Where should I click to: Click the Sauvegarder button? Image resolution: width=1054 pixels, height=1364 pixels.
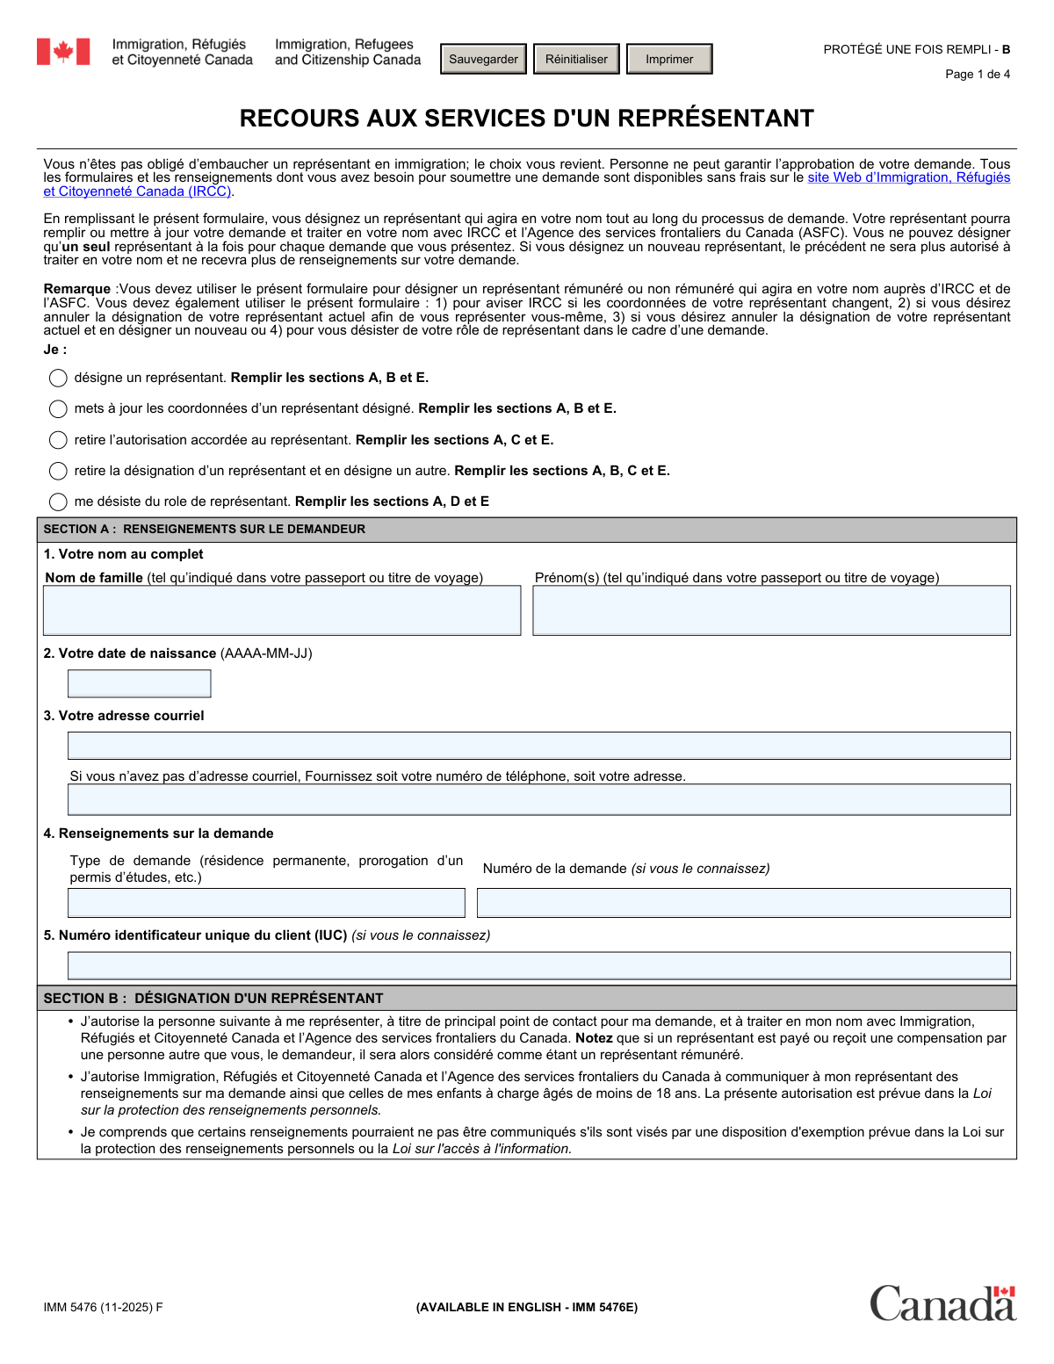click(x=483, y=59)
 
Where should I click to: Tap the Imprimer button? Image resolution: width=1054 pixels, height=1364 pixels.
click(x=669, y=59)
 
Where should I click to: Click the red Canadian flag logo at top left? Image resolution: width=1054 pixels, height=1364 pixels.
click(x=63, y=52)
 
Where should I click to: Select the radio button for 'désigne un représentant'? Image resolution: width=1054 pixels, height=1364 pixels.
click(x=58, y=378)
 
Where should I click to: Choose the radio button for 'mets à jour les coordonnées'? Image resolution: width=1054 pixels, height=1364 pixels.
click(x=58, y=408)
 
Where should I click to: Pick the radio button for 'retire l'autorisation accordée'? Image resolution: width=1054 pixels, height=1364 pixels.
click(x=58, y=440)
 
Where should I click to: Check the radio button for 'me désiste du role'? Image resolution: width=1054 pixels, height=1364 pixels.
click(x=58, y=502)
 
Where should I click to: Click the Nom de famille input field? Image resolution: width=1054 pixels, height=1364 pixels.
click(x=282, y=610)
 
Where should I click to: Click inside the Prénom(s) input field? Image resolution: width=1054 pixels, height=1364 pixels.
click(x=771, y=610)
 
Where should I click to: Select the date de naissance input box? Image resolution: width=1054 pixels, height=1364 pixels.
click(x=140, y=683)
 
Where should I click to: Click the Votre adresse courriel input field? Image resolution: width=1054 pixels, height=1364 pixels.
click(x=538, y=746)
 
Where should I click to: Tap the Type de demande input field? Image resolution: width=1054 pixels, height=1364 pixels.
click(x=266, y=903)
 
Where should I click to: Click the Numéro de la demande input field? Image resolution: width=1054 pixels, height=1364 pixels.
click(x=743, y=903)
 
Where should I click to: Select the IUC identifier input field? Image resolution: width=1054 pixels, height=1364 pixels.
click(x=538, y=965)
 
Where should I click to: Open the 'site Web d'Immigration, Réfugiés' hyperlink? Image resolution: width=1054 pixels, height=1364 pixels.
click(x=908, y=177)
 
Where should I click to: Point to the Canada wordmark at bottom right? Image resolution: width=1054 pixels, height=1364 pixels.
click(x=942, y=1303)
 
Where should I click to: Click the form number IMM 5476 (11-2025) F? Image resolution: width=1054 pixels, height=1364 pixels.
click(x=104, y=1307)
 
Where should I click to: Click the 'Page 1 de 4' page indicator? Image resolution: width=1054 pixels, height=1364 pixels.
click(x=977, y=75)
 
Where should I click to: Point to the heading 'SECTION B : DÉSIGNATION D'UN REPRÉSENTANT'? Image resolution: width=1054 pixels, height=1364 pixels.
click(x=213, y=999)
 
